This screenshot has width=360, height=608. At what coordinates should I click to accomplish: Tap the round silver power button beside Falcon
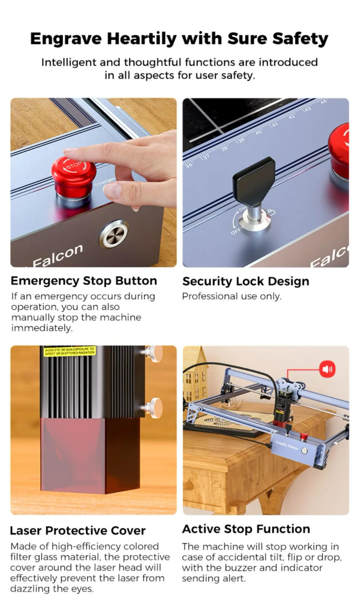[114, 234]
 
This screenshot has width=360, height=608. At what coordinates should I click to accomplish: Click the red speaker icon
[327, 370]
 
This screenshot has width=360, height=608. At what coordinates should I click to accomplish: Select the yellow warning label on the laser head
[69, 351]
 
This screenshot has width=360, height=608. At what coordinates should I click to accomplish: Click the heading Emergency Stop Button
[84, 281]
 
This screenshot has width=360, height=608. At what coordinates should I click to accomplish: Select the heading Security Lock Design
[245, 281]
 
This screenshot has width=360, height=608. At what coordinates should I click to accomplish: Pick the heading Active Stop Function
[246, 529]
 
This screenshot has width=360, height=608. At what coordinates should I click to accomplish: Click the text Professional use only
[231, 296]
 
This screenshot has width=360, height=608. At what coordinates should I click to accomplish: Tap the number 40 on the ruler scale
[258, 132]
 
